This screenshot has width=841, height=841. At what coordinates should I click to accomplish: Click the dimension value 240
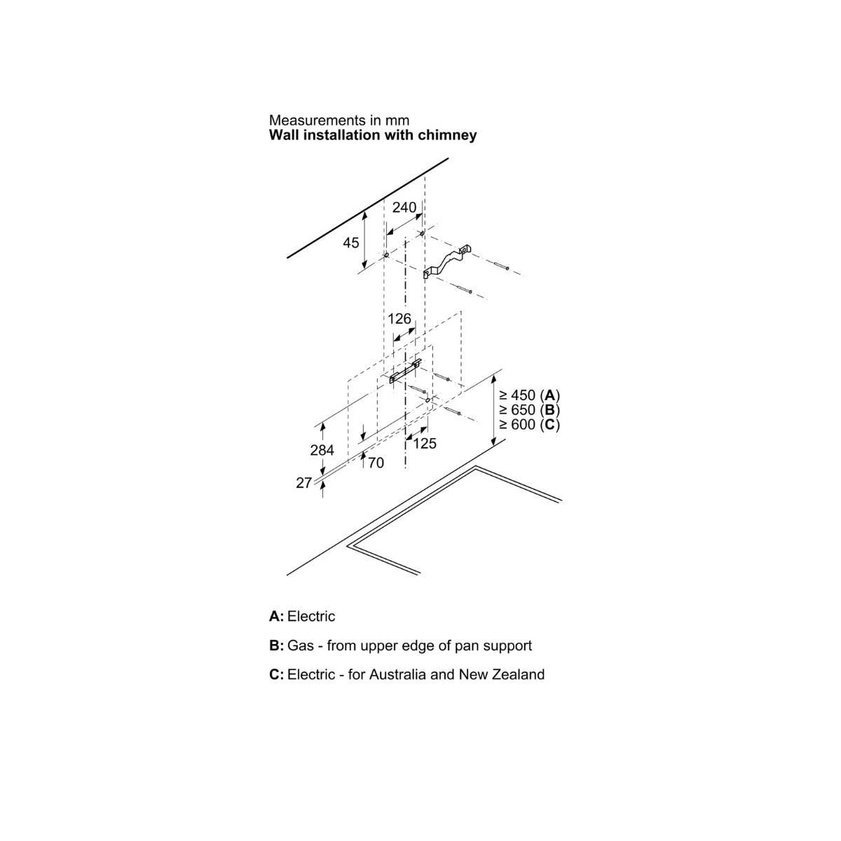click(x=404, y=207)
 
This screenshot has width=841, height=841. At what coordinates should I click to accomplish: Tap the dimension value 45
click(x=350, y=242)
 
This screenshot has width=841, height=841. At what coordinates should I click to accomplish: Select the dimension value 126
click(x=399, y=319)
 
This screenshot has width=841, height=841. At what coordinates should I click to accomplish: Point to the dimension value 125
click(x=425, y=444)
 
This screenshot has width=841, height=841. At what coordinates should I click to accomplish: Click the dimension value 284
click(x=322, y=450)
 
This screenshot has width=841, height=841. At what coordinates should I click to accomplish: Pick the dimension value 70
click(x=376, y=463)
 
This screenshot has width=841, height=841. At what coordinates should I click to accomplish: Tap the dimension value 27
click(x=303, y=483)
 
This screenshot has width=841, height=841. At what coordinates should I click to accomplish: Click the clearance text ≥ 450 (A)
click(x=529, y=395)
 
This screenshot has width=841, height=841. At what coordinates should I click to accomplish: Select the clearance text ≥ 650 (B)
click(x=529, y=410)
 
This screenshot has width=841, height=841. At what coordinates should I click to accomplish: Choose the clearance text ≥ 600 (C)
click(x=529, y=425)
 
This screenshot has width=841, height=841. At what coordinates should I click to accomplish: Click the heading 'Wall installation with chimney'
click(x=373, y=135)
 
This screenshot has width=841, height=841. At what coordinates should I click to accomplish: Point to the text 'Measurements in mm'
click(x=339, y=121)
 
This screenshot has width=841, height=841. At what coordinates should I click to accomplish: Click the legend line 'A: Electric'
click(x=302, y=617)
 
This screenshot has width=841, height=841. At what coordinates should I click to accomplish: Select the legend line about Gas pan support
click(x=400, y=645)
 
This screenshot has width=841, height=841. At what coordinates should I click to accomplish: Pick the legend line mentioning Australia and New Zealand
click(x=406, y=675)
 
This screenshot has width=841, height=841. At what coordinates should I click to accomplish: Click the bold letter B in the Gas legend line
click(x=275, y=645)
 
